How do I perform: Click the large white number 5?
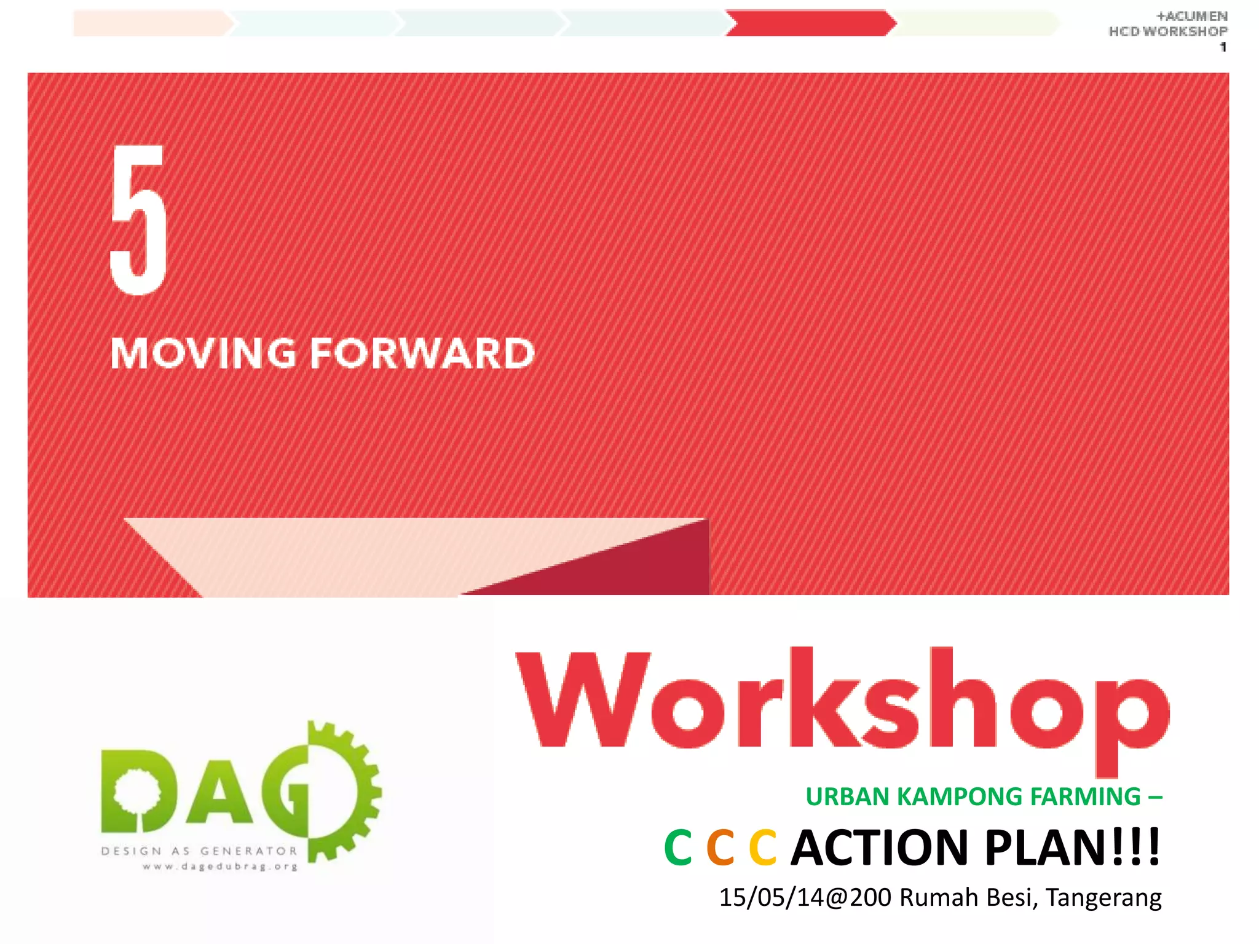coord(138,220)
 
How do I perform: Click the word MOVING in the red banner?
coord(203,354)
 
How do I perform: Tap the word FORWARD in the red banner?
coord(422,354)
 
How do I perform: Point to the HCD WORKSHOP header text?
coord(1167,31)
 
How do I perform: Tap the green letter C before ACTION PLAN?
coord(678,848)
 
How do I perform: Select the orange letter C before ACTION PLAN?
coord(720,848)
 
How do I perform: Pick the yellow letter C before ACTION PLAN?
coord(763,848)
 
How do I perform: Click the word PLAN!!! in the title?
coord(1072,848)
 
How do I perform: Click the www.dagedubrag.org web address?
coord(220,867)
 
